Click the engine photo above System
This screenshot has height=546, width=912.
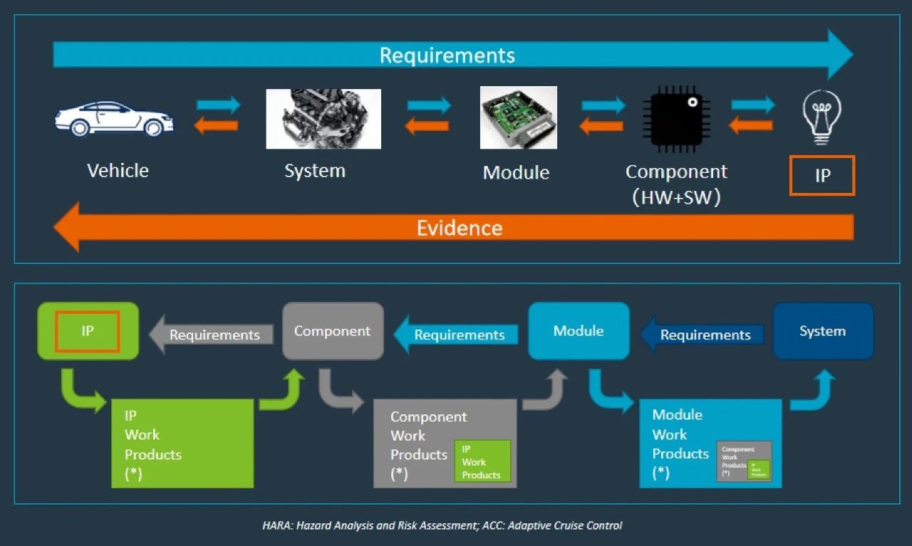click(x=323, y=119)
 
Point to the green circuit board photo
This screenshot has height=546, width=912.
click(x=518, y=117)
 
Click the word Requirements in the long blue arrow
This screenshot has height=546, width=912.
click(x=447, y=56)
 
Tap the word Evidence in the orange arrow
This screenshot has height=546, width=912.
click(x=460, y=228)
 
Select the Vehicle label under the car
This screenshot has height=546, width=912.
click(x=118, y=171)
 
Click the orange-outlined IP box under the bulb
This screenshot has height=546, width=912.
click(x=822, y=175)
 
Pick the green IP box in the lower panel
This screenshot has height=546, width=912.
click(x=88, y=331)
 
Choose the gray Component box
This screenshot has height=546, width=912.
click(x=333, y=331)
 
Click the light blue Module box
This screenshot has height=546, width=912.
click(x=579, y=331)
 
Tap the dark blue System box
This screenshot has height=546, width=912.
click(x=823, y=331)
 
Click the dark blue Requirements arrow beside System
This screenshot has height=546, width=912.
click(x=704, y=335)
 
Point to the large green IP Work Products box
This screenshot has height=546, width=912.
click(x=182, y=443)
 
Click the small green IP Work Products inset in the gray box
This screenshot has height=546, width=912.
click(x=482, y=461)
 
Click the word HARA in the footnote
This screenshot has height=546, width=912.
click(x=276, y=526)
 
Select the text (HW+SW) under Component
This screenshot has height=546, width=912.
click(x=676, y=198)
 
